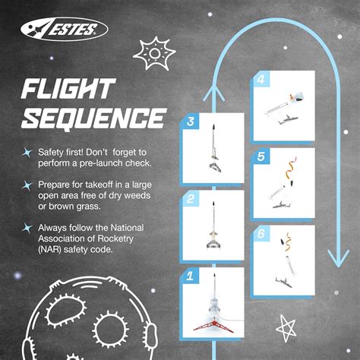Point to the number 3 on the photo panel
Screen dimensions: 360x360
pyautogui.click(x=191, y=122)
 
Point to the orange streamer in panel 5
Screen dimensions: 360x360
pyautogui.click(x=292, y=168)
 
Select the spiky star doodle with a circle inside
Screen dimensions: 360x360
pyautogui.click(x=153, y=52)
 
